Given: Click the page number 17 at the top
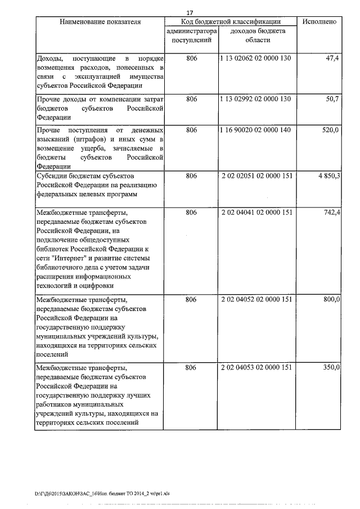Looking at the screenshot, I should tap(190, 12).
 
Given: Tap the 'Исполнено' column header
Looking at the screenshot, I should tap(319, 22).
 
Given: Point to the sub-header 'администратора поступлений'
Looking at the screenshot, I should tap(191, 36).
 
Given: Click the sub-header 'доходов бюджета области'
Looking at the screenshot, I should tap(256, 36).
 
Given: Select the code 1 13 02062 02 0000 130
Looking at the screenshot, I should tap(256, 59).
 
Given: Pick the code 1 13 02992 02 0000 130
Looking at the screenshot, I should tap(256, 99).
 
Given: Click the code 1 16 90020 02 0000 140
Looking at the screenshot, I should tap(256, 130).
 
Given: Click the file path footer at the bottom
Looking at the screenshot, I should tap(102, 493).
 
